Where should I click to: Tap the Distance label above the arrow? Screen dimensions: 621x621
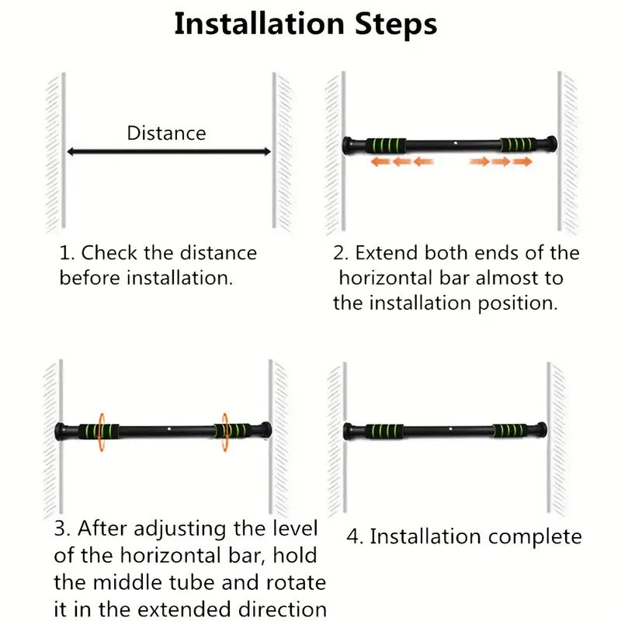166,133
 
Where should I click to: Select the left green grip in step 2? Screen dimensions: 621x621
388,144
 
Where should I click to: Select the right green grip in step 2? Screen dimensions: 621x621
516,144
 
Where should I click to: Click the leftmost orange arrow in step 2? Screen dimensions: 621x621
379,161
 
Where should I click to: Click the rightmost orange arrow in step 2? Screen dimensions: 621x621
522,161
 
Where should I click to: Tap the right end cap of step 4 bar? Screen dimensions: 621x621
541,429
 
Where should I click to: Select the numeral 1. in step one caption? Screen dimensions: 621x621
67,253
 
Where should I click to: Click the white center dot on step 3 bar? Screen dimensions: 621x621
168,429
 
